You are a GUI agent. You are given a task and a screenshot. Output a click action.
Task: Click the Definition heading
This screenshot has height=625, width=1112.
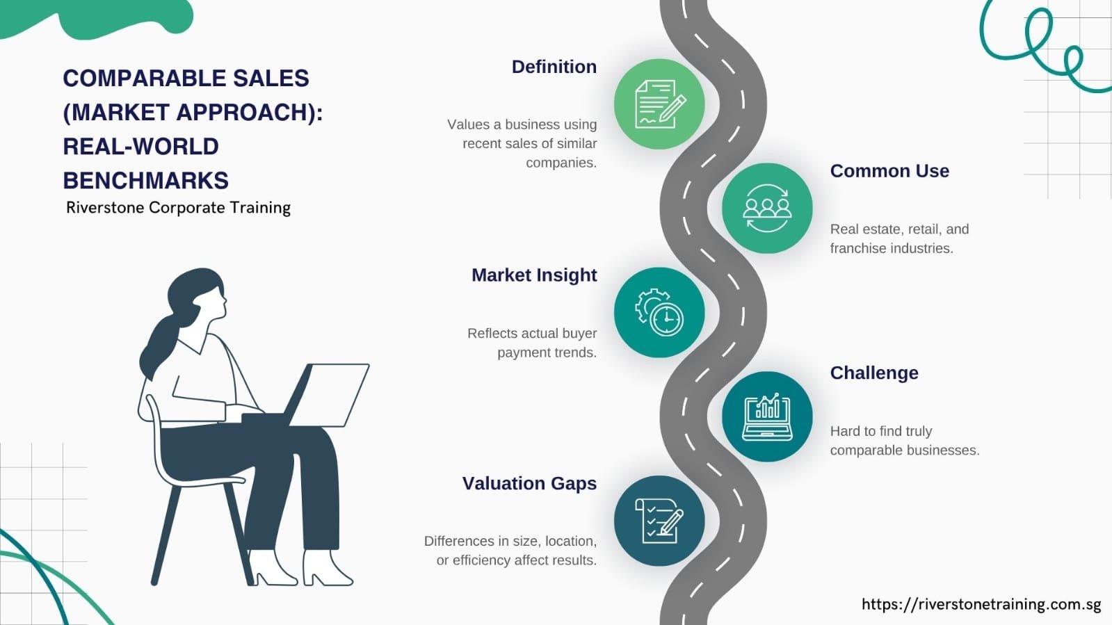(554, 67)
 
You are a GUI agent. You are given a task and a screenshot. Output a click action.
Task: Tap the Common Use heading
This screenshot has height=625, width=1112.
(889, 171)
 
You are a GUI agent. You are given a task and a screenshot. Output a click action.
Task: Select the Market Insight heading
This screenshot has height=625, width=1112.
(533, 275)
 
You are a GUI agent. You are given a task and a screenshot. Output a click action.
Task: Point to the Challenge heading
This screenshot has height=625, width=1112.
(873, 373)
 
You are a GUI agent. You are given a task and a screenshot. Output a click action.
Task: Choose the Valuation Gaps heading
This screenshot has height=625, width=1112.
(529, 483)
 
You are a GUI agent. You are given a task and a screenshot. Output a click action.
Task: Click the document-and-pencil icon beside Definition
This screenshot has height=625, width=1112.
(659, 104)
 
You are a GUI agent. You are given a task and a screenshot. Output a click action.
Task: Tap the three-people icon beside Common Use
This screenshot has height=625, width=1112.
(766, 209)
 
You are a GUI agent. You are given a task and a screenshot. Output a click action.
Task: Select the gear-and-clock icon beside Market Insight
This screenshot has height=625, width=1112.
(659, 312)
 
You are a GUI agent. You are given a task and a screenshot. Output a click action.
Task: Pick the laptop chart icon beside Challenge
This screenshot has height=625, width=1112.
(766, 416)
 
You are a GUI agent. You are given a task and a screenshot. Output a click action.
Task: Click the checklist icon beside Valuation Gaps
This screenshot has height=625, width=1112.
(659, 521)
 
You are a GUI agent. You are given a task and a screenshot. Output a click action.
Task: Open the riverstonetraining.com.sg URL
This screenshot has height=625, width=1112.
(981, 604)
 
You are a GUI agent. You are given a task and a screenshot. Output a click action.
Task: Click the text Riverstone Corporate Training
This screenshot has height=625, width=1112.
(178, 208)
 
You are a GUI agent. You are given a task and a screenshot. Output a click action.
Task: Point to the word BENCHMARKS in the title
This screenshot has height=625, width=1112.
(145, 181)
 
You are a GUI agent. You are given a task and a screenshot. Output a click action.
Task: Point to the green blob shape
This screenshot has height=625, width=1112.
(104, 17)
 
